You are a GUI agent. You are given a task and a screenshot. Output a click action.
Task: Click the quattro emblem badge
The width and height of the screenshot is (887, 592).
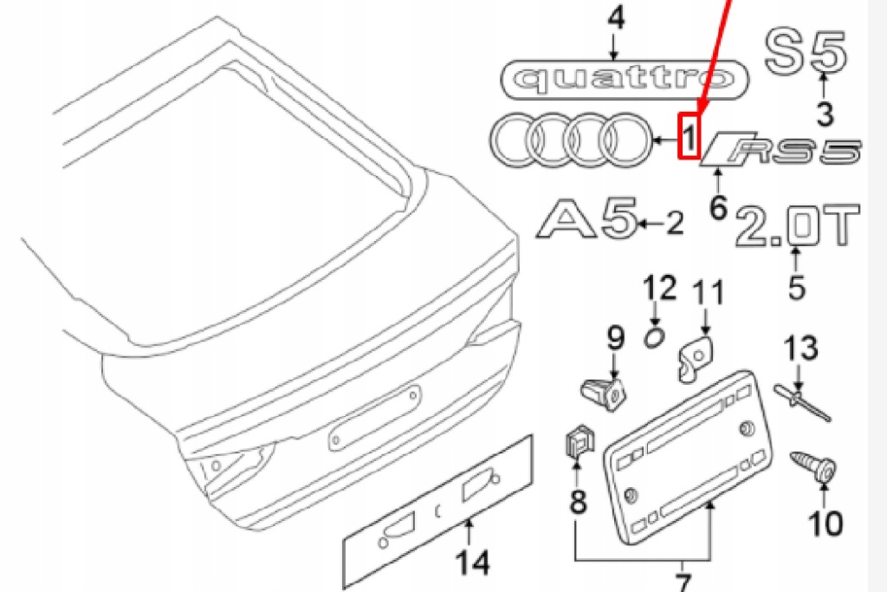625,79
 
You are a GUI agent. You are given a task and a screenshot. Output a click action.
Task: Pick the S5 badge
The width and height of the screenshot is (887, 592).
805,51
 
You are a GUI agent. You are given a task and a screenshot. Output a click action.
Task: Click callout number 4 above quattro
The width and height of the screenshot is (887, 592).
616,19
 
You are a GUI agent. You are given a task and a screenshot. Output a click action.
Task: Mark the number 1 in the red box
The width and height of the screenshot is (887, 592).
688,137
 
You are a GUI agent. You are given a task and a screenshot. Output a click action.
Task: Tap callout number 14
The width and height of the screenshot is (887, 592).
473,564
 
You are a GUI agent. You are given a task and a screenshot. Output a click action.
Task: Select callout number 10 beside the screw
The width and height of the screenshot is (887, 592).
824,523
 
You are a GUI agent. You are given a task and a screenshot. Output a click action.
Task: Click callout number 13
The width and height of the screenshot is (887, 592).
800,349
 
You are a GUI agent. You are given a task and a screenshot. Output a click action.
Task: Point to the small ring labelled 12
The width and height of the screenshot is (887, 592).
657,336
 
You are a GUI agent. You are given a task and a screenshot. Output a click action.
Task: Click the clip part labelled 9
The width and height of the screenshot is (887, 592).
604,391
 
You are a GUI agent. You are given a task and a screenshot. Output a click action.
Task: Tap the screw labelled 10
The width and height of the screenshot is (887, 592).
816,467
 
